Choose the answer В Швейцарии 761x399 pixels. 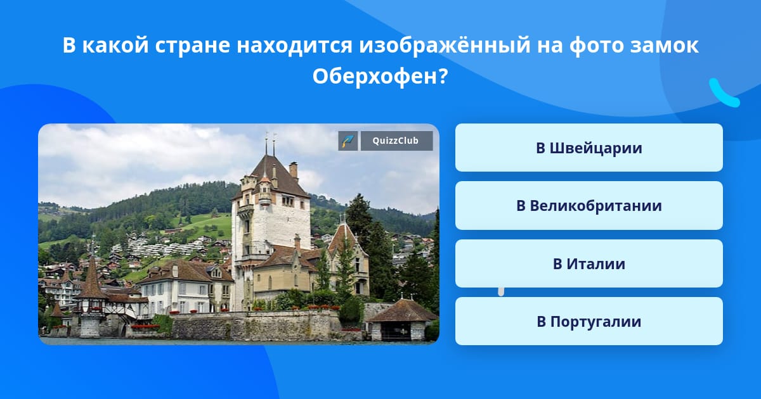pyautogui.click(x=589, y=148)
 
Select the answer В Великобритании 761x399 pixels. pyautogui.click(x=589, y=206)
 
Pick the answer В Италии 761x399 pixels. pyautogui.click(x=589, y=263)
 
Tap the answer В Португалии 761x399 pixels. pyautogui.click(x=589, y=321)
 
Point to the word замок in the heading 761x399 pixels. pyautogui.click(x=664, y=46)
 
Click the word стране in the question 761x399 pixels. pyautogui.click(x=193, y=46)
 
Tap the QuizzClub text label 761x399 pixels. pyautogui.click(x=396, y=141)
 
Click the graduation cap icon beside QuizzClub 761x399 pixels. pyautogui.click(x=348, y=141)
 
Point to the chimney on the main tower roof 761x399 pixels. pyautogui.click(x=293, y=170)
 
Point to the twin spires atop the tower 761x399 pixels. pyautogui.click(x=270, y=144)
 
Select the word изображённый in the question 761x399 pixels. pyautogui.click(x=445, y=46)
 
